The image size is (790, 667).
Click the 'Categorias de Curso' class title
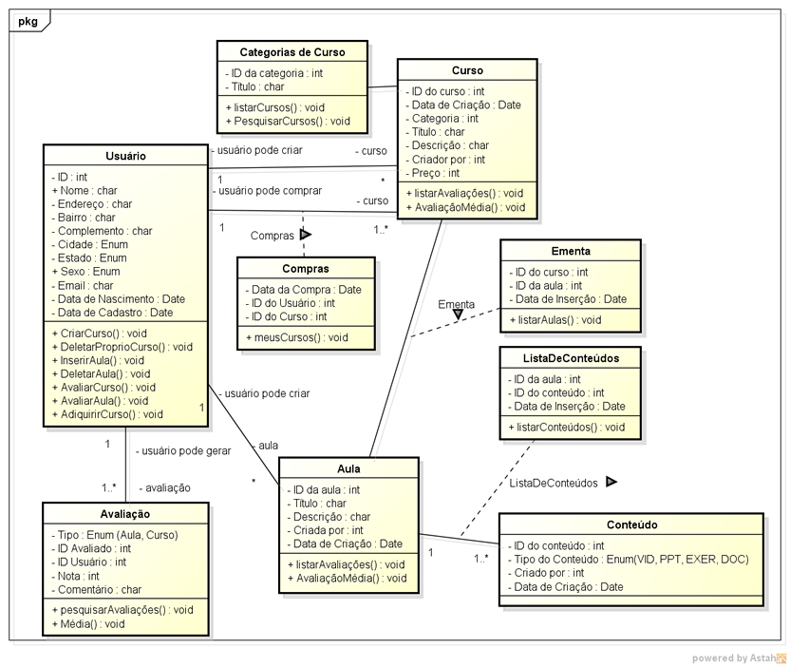tap(292, 52)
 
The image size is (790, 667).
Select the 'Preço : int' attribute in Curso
tap(435, 173)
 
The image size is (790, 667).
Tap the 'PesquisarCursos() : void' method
tap(288, 121)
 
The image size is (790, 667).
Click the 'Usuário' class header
tap(125, 156)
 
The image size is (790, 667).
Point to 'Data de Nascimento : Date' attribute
tap(120, 298)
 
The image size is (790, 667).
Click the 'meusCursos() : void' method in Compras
tap(296, 337)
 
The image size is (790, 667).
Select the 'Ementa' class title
tap(570, 251)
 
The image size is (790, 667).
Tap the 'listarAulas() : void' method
tap(555, 320)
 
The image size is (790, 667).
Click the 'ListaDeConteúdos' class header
tap(570, 358)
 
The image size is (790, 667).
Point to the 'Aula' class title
tap(348, 468)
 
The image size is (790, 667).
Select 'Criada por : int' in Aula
tap(329, 530)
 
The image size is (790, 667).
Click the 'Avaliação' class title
tap(126, 513)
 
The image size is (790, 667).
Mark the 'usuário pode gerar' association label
tap(183, 451)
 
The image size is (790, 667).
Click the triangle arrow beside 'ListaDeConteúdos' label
tap(611, 482)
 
